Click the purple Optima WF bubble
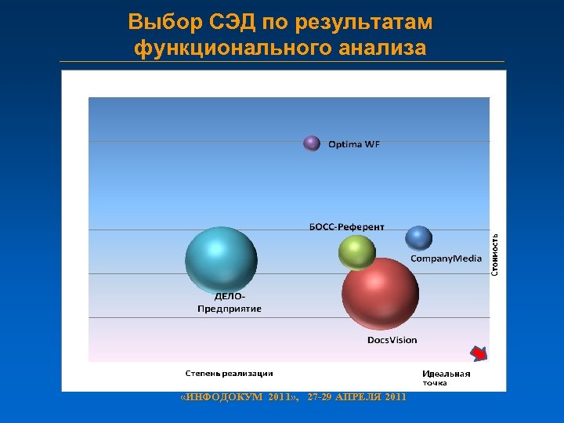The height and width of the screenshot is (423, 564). point(312,143)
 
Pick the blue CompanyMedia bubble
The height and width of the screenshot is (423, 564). point(419,238)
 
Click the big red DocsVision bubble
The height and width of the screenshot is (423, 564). point(380,295)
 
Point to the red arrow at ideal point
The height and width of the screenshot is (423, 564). point(479,353)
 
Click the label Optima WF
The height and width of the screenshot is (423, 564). point(353,144)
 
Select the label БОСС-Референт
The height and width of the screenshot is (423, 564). point(347,227)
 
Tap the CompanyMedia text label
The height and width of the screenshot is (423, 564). point(446,258)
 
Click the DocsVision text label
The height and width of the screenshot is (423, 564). point(392,340)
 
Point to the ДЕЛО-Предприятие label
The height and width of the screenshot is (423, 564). point(229,303)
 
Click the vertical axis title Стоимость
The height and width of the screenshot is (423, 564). point(495,254)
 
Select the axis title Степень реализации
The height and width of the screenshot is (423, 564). point(229,373)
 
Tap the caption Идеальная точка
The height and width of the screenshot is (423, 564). point(446,378)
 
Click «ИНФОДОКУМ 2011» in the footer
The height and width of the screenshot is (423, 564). point(240,397)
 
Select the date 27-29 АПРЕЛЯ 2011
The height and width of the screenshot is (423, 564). point(357,397)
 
